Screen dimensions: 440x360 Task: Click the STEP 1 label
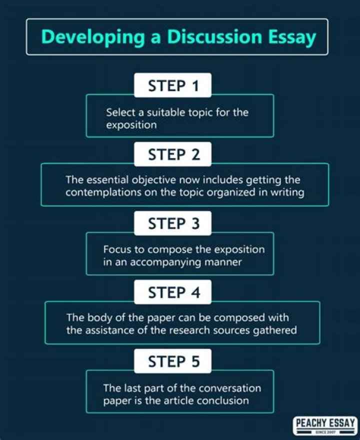173,86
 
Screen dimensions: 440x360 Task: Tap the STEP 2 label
173,155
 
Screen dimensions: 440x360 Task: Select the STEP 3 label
173,224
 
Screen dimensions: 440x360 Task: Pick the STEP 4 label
173,293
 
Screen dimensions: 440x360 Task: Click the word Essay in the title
292,37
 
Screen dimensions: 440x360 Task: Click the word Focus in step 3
116,249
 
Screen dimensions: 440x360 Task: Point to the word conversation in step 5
229,388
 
